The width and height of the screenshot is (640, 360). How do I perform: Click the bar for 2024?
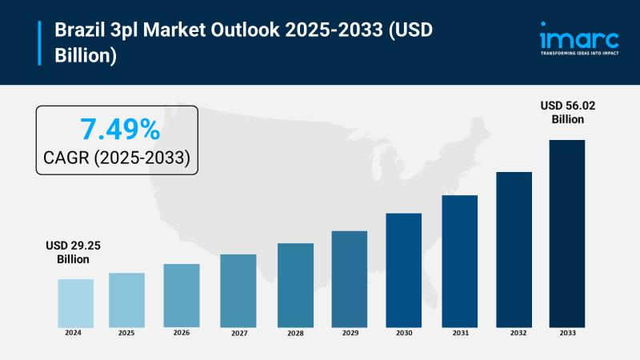pos(75,303)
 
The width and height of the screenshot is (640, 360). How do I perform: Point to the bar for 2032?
pos(514,249)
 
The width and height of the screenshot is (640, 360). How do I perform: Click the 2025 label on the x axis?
pos(126,332)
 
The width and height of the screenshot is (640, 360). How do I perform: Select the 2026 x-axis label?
pos(182,332)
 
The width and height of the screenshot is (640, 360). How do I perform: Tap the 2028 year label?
pos(295,332)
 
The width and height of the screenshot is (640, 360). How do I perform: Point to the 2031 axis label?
pos(459,332)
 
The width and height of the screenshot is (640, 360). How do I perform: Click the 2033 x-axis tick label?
pos(566,332)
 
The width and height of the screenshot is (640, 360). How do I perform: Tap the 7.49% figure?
pos(119,130)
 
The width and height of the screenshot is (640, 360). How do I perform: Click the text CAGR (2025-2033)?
pos(118,158)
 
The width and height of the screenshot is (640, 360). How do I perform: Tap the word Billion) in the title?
pos(86,56)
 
